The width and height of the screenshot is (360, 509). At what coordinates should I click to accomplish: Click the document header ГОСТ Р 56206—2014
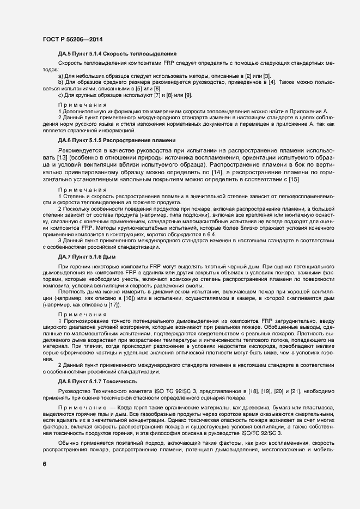[x=72, y=39]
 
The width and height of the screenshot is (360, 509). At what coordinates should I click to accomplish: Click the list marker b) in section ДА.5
[x=60, y=82]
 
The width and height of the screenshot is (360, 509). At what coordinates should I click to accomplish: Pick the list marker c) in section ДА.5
[x=60, y=96]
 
